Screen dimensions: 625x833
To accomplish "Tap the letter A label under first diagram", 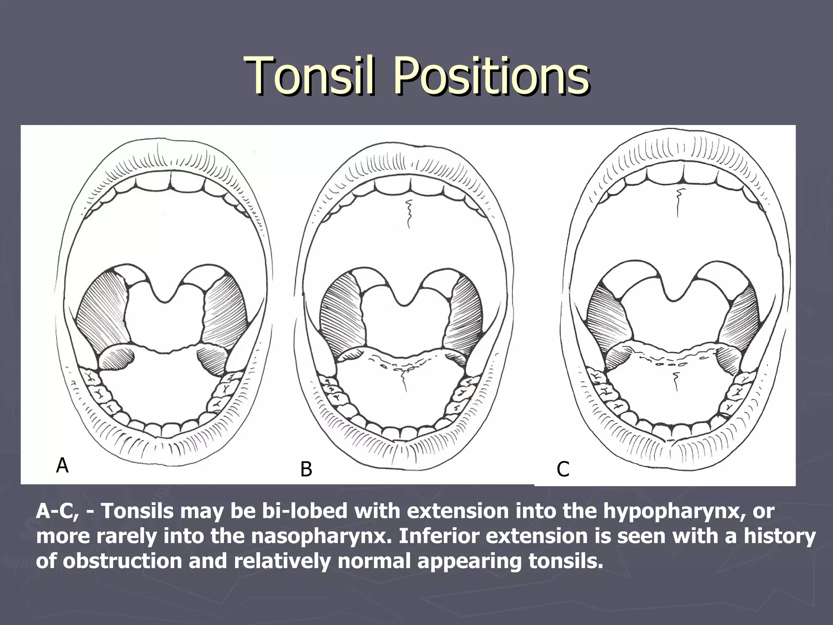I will (x=62, y=465).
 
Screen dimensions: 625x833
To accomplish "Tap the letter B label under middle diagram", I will (x=306, y=470).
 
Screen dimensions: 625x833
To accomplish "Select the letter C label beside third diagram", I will (x=563, y=469).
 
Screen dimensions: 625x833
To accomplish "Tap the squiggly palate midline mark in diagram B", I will (x=408, y=214).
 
